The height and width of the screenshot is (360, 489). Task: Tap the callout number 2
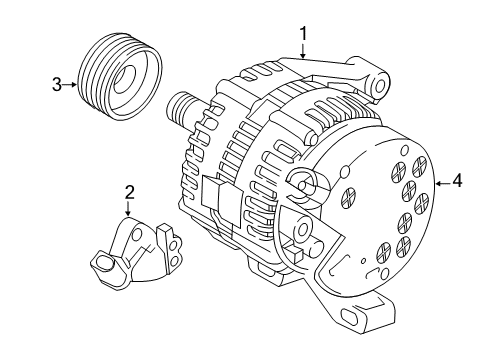point(129,192)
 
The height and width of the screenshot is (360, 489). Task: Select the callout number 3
point(57,84)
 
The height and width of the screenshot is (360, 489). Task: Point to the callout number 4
point(457,181)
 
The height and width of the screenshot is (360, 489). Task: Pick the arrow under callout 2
point(129,209)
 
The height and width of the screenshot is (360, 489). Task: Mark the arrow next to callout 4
point(440,181)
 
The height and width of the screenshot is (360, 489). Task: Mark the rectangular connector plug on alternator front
point(215,194)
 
